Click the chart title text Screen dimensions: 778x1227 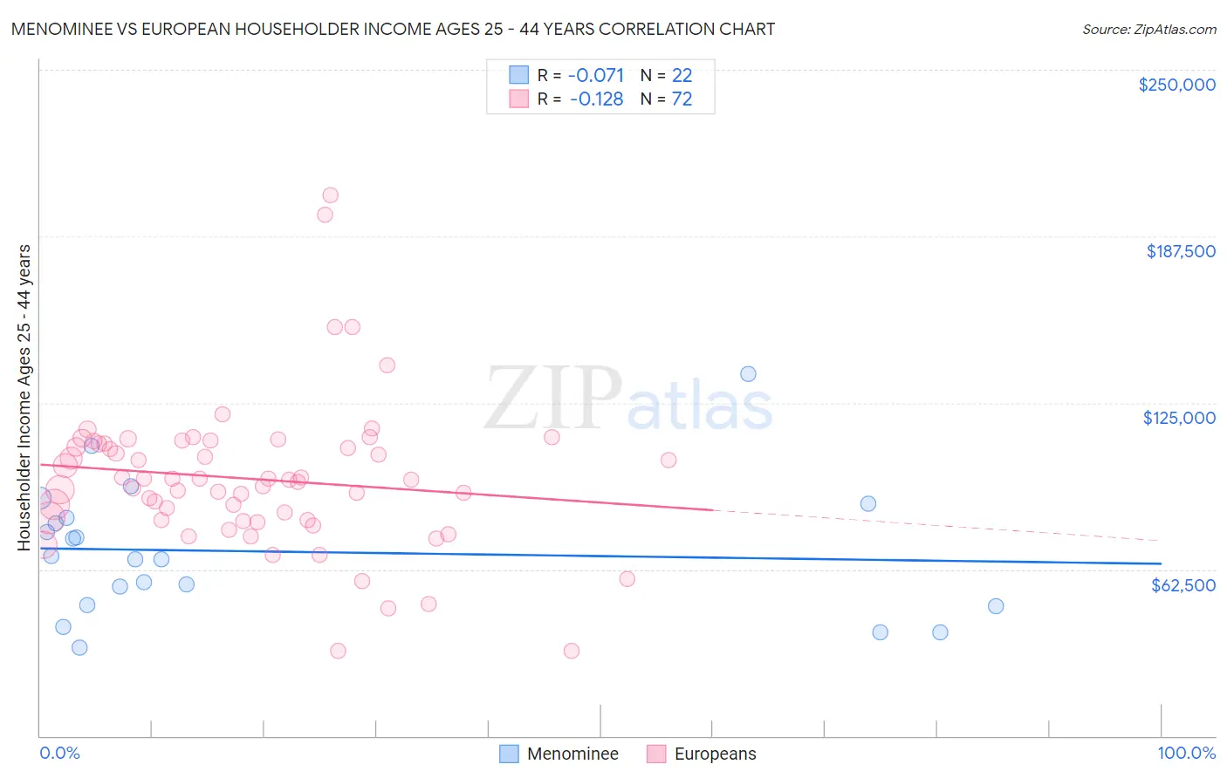[393, 29]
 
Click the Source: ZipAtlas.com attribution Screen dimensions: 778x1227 [1148, 29]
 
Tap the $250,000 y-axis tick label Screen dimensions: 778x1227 [1176, 85]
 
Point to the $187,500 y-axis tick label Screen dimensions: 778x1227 [1180, 251]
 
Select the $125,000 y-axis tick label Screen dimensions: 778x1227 [1179, 418]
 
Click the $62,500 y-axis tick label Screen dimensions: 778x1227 [1182, 585]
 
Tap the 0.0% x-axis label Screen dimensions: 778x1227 [59, 753]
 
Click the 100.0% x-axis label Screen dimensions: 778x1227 [1186, 753]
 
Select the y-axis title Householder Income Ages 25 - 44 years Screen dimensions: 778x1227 [24, 398]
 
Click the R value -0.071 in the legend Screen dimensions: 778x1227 [596, 75]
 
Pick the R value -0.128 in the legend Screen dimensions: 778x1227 [596, 99]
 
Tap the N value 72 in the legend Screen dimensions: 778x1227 [682, 99]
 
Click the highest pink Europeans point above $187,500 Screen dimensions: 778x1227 [330, 195]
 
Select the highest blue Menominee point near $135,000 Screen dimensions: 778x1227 [748, 374]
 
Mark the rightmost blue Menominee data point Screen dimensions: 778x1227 [996, 606]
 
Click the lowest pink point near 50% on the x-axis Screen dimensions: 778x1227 [572, 651]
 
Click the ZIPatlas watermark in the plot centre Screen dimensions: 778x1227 [628, 399]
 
